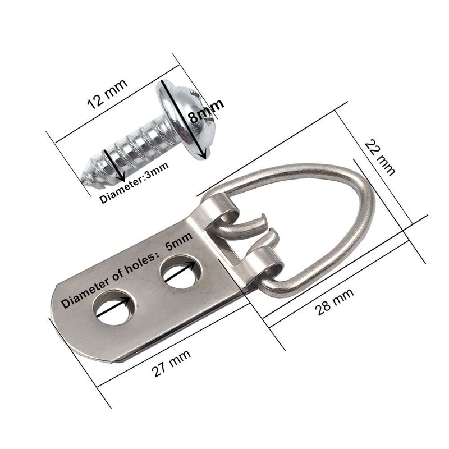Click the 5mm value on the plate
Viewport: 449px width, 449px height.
pyautogui.click(x=178, y=241)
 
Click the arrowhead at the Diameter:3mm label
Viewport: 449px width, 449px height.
pyautogui.click(x=117, y=178)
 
